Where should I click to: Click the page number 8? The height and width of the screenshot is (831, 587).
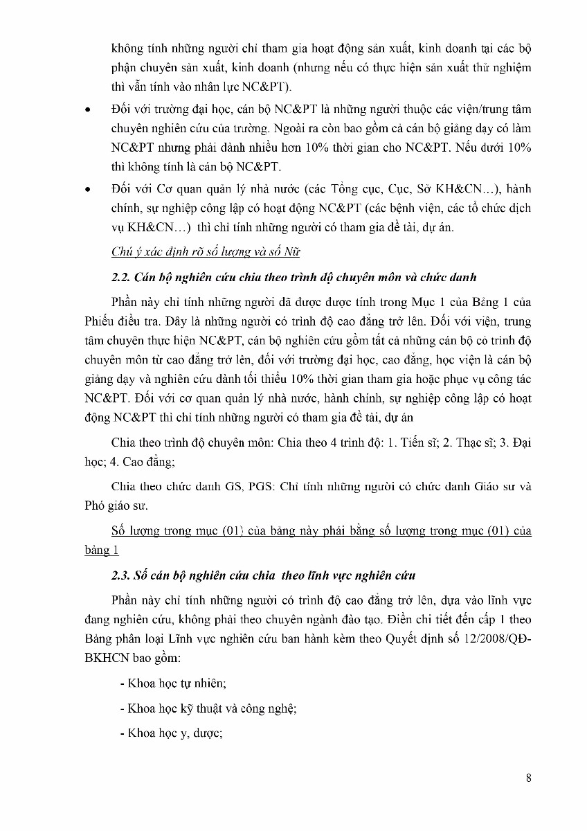pos(529,778)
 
